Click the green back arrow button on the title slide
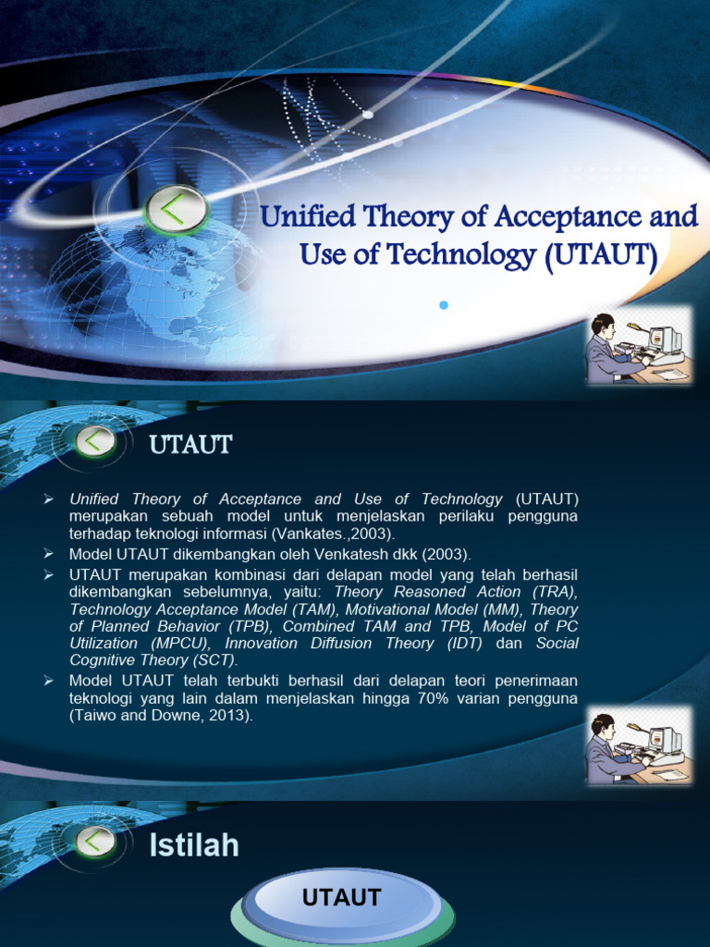pos(175,210)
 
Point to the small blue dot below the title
pos(444,305)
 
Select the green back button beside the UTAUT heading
pos(95,441)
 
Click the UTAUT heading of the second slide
pos(190,446)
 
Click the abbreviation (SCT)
pos(215,660)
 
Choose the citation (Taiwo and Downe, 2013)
pos(161,715)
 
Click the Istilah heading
pos(194,845)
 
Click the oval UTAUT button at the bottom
pos(342,899)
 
